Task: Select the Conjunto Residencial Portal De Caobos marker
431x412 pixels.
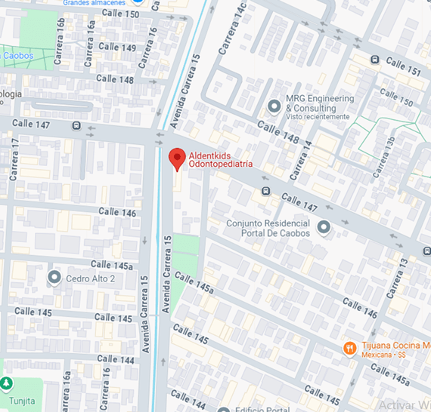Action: [324, 226]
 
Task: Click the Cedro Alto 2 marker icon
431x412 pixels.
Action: [54, 278]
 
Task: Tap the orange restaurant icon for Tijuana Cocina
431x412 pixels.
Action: [349, 347]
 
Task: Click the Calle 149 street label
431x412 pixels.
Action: [117, 48]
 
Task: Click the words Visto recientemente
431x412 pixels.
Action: [317, 117]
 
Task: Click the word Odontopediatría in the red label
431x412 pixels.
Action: [220, 164]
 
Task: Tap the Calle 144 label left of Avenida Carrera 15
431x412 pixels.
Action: [116, 360]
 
